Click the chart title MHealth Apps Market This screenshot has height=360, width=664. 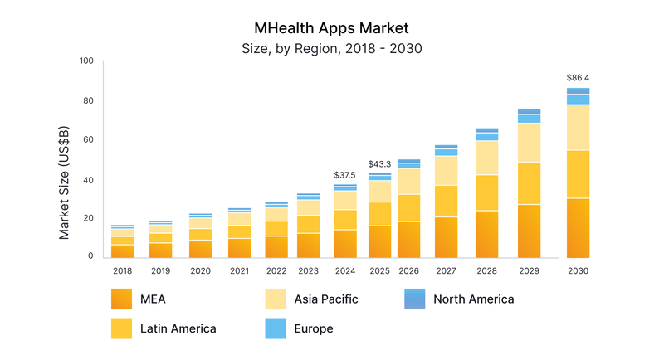tap(332, 27)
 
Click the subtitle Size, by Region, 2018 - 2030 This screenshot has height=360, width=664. tap(332, 48)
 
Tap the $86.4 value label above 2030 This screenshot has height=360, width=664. tap(578, 78)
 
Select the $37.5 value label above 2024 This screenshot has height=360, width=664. tap(345, 175)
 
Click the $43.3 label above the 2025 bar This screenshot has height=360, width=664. tap(379, 163)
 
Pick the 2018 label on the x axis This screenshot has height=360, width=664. tap(122, 270)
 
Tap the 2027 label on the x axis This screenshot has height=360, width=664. tap(446, 270)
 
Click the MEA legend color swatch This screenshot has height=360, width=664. tap(122, 299)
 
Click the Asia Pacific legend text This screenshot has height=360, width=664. tap(326, 299)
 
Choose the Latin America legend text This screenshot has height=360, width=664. tap(178, 328)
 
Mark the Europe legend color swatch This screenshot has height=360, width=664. tap(275, 328)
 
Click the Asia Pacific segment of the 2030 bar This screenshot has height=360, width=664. tap(578, 127)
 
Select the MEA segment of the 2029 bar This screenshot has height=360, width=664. tap(529, 231)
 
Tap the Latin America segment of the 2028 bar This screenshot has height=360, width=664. tap(486, 192)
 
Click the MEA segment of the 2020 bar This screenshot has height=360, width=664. tap(199, 249)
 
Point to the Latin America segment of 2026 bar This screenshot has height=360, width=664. tap(408, 207)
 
